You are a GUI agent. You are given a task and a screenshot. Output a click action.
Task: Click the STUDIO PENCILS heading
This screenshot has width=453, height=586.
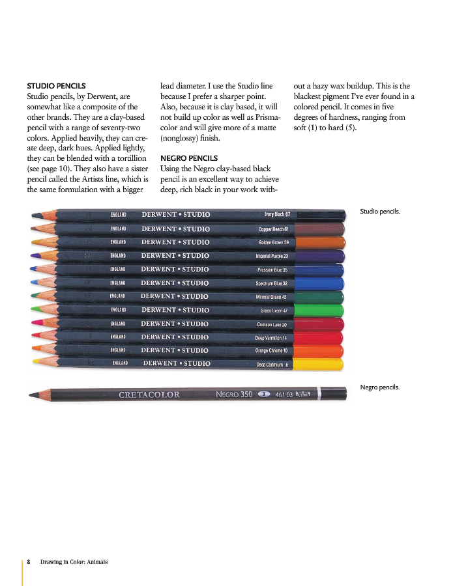tap(56, 85)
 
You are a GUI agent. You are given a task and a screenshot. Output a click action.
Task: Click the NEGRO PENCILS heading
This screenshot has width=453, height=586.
tap(189, 158)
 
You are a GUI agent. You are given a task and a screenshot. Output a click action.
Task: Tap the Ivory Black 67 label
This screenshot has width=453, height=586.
tap(277, 214)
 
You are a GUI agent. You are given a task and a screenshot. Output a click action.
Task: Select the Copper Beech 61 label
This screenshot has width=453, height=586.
tap(273, 229)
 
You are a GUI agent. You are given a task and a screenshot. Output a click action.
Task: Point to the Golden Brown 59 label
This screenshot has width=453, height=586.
tap(273, 242)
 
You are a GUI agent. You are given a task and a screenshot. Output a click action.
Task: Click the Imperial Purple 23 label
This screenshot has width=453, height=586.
tap(272, 256)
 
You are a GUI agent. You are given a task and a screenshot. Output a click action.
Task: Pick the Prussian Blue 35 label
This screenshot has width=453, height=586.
tap(272, 270)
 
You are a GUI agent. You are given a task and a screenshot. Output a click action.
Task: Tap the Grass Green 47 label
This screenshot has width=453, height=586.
tap(274, 311)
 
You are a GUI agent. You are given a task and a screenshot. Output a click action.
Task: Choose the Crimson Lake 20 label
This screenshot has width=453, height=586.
tap(272, 324)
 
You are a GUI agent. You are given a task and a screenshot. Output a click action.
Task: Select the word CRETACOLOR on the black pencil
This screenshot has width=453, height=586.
tap(149, 395)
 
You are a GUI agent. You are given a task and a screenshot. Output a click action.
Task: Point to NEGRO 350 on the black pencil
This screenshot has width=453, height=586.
tap(234, 394)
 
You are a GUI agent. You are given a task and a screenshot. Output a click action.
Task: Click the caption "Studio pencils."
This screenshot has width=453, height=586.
tap(380, 211)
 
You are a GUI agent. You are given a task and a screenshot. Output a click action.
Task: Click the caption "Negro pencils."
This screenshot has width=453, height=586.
tap(380, 387)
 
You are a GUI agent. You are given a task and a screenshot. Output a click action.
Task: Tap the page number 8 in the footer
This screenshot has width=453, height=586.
tap(29, 561)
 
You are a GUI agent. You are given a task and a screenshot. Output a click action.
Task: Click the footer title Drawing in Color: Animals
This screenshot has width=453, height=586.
tap(74, 561)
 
